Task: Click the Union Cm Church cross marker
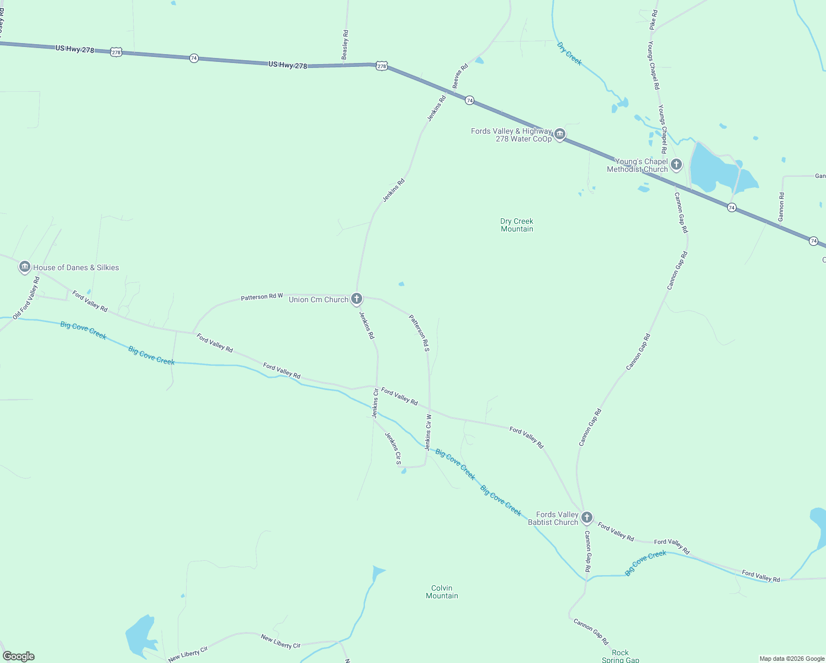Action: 357,299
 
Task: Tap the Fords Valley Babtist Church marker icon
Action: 587,518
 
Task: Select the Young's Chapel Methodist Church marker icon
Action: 676,164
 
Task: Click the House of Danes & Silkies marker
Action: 24,267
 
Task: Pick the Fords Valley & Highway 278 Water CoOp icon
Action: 560,134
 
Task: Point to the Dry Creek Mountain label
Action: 517,225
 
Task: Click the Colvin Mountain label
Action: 442,592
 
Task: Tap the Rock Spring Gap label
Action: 620,656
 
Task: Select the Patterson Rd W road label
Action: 262,297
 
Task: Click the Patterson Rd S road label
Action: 419,333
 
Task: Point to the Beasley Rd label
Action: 345,45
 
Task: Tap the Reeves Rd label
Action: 460,76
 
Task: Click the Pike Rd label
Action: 653,19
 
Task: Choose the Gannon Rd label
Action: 781,207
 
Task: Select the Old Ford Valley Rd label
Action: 27,298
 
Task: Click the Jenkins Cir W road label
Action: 428,432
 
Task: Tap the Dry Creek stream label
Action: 569,54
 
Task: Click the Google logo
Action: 19,656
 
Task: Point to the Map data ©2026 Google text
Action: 791,659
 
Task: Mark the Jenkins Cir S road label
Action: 393,448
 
